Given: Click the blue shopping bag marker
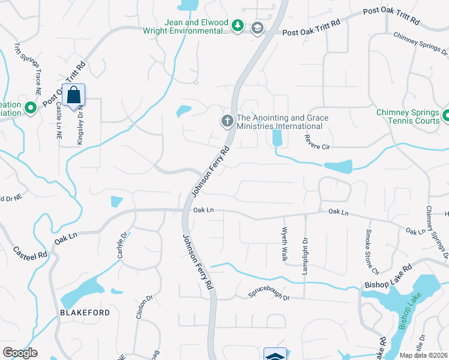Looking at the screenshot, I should click(73, 96).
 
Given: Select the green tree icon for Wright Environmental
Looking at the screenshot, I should click(238, 26).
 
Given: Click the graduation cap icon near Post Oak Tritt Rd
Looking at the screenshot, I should click(258, 28).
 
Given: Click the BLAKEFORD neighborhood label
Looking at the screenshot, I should click(84, 313).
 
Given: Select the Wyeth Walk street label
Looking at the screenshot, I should click(285, 243).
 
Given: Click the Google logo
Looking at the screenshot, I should click(20, 352).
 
